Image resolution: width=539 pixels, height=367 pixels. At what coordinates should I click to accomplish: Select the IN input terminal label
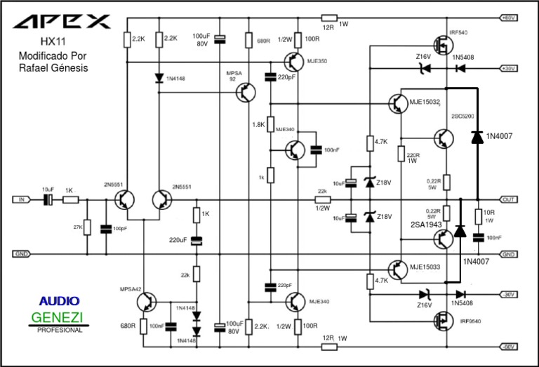tap(20, 200)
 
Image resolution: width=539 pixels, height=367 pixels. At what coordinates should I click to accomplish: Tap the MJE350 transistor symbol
tap(293, 62)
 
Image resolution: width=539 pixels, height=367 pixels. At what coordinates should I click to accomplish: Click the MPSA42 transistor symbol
tap(147, 302)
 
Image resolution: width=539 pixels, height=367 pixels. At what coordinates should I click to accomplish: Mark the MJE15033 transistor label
tap(425, 267)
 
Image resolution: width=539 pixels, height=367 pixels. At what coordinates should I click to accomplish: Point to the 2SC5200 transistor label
tap(463, 116)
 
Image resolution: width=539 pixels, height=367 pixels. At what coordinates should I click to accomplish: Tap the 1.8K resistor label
tap(258, 124)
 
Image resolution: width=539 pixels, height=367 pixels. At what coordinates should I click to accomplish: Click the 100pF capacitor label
tap(119, 229)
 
